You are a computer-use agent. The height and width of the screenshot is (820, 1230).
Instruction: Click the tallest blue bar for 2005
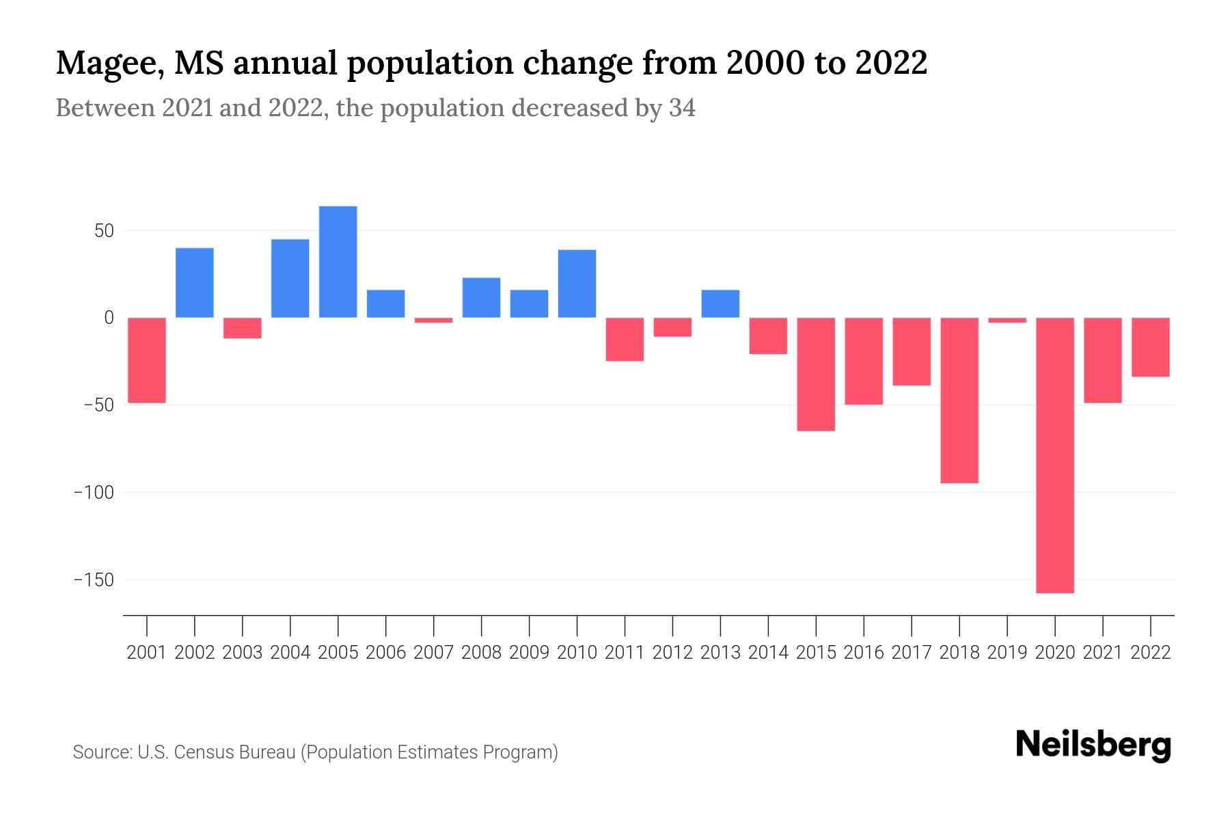coord(338,262)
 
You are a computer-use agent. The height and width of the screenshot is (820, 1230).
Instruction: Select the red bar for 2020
coord(1054,455)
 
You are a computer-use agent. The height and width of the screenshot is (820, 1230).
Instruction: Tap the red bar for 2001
coord(147,360)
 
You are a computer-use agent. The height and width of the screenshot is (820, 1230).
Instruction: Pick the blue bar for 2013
coord(720,304)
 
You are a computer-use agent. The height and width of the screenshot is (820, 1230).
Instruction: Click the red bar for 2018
coord(959,400)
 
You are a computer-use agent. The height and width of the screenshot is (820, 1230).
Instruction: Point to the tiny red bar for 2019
coord(1007,320)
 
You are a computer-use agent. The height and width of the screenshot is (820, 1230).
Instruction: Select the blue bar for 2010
coord(577,284)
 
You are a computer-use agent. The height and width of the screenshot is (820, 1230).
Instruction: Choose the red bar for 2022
coord(1150,347)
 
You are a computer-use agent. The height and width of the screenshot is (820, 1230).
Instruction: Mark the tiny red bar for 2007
coord(433,320)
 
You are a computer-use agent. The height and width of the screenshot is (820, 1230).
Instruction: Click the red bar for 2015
coord(816,374)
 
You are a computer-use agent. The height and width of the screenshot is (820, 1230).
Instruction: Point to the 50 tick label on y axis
coord(104,231)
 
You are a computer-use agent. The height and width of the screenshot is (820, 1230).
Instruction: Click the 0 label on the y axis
coord(109,318)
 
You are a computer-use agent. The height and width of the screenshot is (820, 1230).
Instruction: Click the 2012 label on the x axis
coord(672,653)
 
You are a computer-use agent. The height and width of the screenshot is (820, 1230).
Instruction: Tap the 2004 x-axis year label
coord(290,653)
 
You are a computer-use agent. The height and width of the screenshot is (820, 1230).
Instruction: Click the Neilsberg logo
coord(1093,746)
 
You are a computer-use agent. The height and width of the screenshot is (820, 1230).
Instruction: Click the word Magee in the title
coord(109,64)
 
